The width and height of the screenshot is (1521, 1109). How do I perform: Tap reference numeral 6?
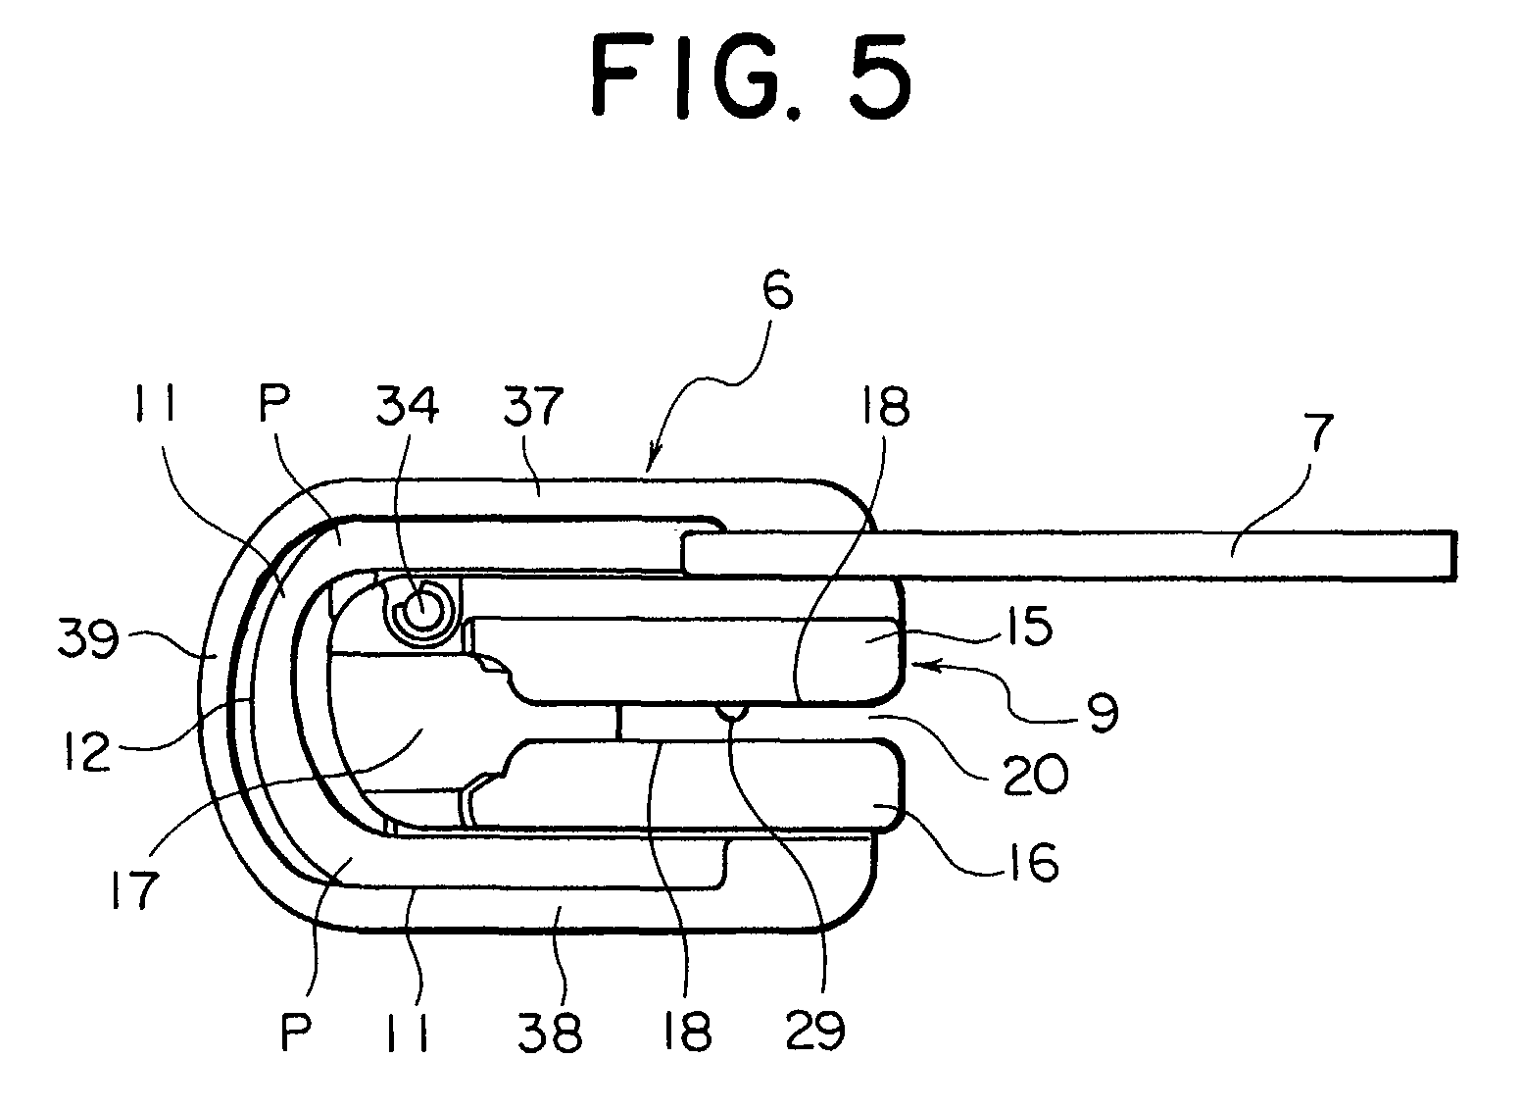tap(777, 293)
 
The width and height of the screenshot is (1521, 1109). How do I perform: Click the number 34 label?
tap(408, 405)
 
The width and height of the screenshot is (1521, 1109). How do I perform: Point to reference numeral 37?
tap(534, 406)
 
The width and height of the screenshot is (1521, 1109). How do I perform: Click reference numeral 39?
tap(89, 639)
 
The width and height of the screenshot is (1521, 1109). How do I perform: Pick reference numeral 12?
tap(89, 752)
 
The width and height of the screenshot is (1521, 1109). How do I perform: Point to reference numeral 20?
tap(1036, 774)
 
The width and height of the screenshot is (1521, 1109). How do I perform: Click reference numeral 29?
tap(815, 1031)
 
